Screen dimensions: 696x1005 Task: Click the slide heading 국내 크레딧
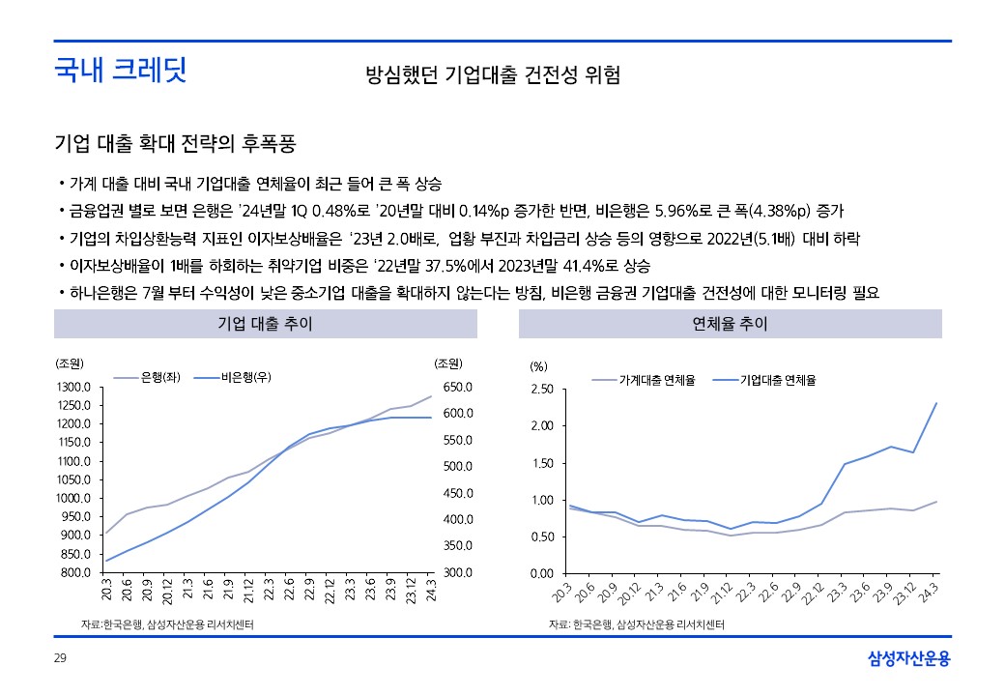click(x=120, y=71)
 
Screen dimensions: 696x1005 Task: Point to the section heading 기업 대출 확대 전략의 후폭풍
click(x=175, y=145)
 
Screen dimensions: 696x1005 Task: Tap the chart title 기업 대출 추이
click(x=265, y=324)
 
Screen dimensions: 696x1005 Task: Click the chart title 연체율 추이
click(x=731, y=324)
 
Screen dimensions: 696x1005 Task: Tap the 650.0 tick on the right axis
click(x=455, y=387)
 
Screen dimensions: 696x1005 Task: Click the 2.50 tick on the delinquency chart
click(x=542, y=390)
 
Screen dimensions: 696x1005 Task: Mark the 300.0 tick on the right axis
click(x=455, y=572)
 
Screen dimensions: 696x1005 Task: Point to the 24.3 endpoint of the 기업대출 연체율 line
click(x=936, y=403)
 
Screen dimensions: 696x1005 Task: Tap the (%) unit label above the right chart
click(x=538, y=366)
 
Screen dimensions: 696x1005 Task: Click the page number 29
click(x=59, y=659)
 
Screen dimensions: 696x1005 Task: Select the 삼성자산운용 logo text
click(x=909, y=659)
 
